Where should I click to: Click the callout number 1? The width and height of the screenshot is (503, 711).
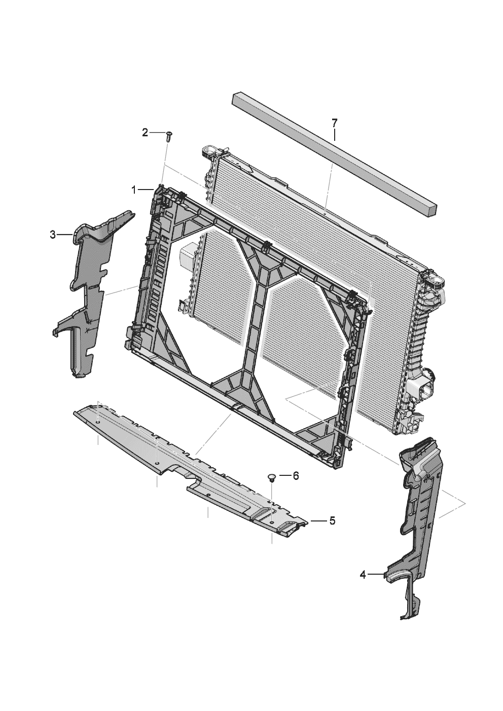click(134, 190)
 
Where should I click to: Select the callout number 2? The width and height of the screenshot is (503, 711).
click(145, 133)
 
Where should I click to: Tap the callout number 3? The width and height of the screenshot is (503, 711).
click(53, 234)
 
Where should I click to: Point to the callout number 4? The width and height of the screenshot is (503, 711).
click(363, 574)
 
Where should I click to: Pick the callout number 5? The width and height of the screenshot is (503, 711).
click(332, 520)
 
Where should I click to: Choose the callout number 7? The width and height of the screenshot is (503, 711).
click(334, 123)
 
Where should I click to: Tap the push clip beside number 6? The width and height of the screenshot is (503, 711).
click(272, 477)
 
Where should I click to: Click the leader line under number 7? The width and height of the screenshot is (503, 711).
click(334, 135)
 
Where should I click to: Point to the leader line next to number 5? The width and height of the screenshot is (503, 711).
click(319, 520)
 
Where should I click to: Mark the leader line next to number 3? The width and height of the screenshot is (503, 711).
click(65, 235)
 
